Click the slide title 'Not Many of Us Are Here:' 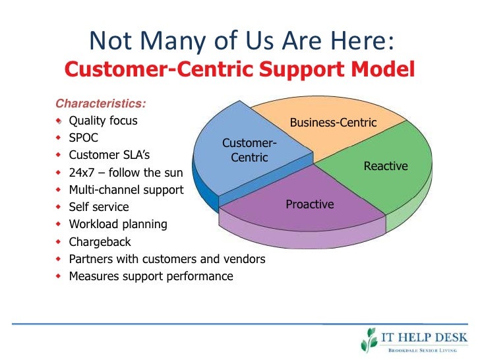241,40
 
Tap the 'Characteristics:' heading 101,104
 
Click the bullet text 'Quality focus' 104,121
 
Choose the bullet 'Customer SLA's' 109,156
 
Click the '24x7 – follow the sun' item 124,173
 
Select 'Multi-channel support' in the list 126,190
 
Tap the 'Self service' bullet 99,207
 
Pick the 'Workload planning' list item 118,224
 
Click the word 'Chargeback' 100,242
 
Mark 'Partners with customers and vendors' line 167,259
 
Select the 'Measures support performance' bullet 151,276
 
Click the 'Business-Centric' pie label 333,123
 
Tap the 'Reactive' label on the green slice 386,166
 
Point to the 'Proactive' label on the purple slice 310,204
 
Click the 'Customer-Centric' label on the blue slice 249,150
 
